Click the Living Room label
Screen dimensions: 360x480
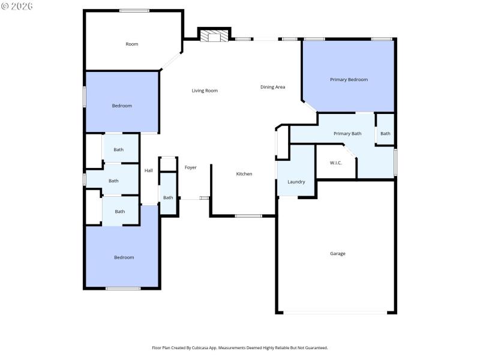tap(205, 91)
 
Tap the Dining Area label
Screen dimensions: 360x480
tap(272, 87)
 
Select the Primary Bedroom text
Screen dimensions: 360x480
tap(349, 79)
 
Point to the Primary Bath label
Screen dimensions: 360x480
tap(347, 133)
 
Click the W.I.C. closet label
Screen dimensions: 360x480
tap(336, 163)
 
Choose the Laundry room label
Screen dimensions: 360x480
tap(296, 182)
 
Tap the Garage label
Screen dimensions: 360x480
tap(337, 253)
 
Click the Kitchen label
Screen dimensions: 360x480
tap(244, 173)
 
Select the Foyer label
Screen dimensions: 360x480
tap(190, 167)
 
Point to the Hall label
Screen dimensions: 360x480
tap(148, 170)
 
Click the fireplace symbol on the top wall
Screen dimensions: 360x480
tap(214, 36)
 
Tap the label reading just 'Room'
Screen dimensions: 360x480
tap(132, 44)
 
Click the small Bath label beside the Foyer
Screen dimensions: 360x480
tap(168, 197)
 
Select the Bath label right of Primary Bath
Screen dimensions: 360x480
tap(385, 133)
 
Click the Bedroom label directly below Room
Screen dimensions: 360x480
tap(122, 106)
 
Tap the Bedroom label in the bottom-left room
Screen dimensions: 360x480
tap(124, 257)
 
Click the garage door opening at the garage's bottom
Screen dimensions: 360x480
tap(335, 312)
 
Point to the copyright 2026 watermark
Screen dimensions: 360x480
tap(17, 6)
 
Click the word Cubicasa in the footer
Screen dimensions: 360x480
tap(200, 347)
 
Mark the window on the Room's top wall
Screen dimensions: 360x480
tap(134, 10)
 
